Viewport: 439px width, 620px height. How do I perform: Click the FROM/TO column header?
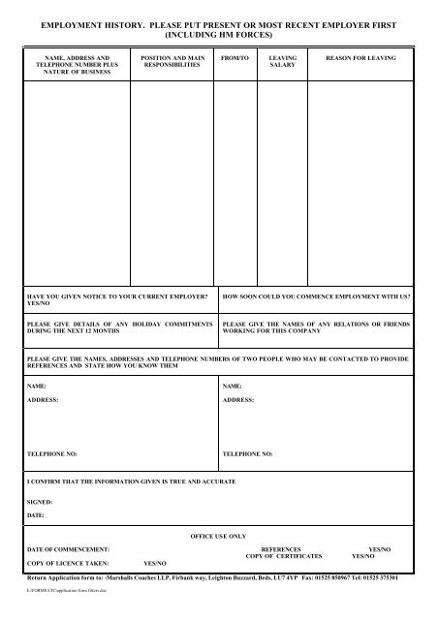pyautogui.click(x=235, y=58)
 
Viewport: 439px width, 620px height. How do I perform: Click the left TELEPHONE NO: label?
pyautogui.click(x=51, y=452)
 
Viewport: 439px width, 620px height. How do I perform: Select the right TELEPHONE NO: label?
pyautogui.click(x=247, y=452)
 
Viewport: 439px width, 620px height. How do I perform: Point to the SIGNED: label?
pyautogui.click(x=40, y=503)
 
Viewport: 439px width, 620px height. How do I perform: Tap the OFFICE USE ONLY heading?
pyautogui.click(x=220, y=535)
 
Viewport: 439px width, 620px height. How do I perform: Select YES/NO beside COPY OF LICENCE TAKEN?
pyautogui.click(x=155, y=563)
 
